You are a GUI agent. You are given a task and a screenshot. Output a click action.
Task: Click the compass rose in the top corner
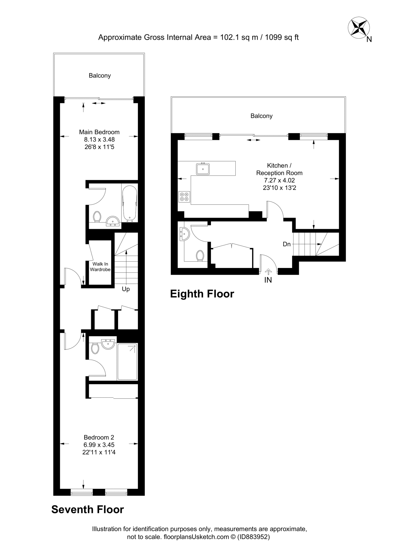359,28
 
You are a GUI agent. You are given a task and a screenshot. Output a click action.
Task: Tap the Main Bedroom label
99,132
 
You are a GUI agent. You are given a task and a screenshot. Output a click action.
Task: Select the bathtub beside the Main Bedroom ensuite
130,203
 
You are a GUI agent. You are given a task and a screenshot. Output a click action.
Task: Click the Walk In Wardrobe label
100,267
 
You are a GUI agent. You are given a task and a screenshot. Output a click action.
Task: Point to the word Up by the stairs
126,289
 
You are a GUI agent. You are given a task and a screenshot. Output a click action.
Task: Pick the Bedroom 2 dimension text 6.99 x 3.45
99,445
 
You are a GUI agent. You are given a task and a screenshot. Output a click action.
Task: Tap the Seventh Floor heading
88,509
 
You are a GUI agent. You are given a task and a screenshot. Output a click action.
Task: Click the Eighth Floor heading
202,294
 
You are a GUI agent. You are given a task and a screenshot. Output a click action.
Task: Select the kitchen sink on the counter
203,169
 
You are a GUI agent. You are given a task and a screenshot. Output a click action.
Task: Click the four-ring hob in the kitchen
184,197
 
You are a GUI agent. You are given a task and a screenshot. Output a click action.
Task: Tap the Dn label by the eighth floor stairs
287,244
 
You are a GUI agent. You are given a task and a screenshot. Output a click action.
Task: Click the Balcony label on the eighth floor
261,116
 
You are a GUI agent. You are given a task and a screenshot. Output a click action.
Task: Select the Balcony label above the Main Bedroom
100,76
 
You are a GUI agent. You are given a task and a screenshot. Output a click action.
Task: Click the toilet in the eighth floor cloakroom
200,255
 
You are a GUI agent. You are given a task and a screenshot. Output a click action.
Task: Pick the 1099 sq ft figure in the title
282,37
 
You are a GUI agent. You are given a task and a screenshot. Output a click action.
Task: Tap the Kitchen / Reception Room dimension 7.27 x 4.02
279,180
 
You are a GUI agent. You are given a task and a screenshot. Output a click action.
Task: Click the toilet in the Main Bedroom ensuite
97,216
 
